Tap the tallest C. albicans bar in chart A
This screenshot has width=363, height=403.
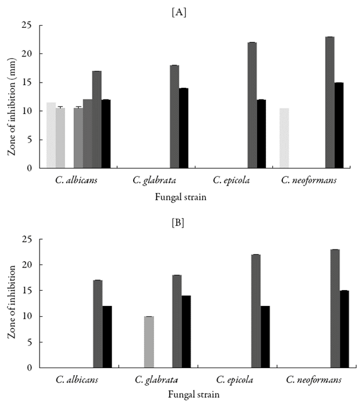(97, 119)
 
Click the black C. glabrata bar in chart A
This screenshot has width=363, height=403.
(183, 128)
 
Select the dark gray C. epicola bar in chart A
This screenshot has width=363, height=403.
(252, 105)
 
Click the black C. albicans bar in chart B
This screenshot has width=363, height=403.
(107, 337)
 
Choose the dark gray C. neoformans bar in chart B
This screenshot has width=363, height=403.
(335, 308)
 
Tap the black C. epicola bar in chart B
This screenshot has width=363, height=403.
(265, 337)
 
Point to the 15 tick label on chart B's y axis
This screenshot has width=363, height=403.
(27, 291)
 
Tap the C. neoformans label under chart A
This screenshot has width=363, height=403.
(309, 180)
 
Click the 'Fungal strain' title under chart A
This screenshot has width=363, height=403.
(181, 197)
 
